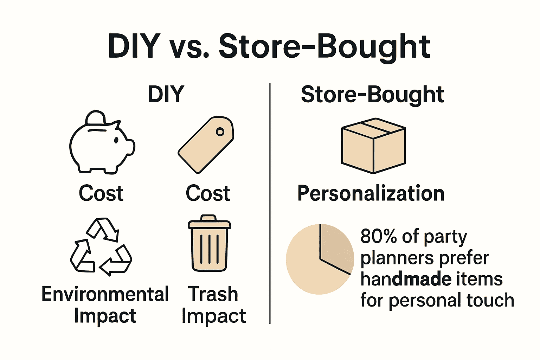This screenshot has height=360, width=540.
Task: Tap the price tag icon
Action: (206, 145)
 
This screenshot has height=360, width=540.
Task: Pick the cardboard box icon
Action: (373, 146)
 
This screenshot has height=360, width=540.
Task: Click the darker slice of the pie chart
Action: (336, 246)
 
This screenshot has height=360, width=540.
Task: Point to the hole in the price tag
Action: (220, 132)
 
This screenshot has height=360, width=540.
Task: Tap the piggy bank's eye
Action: (116, 140)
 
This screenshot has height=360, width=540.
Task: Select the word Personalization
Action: (371, 193)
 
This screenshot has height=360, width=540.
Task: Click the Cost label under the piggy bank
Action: (101, 193)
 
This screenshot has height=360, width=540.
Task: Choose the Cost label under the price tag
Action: (208, 193)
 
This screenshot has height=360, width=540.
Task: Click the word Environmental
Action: (105, 294)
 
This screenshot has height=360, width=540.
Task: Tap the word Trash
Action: (213, 294)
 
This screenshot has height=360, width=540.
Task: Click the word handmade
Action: (406, 279)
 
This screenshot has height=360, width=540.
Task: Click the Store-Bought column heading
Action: (372, 95)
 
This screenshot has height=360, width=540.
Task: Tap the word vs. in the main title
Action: (189, 47)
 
